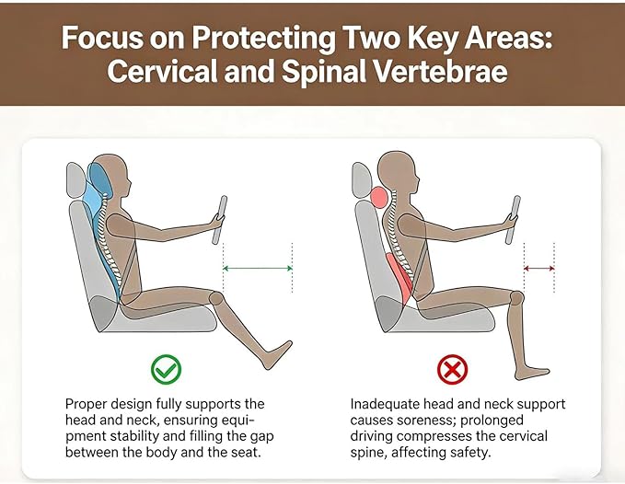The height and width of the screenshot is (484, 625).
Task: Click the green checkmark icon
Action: pos(167,369)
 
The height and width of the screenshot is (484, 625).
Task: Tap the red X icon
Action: pos(452,369)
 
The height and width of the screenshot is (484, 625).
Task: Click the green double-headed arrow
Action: pos(258,269)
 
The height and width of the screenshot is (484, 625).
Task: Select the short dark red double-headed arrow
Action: pos(538,269)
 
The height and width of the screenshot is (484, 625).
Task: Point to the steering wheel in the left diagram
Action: pos(220,220)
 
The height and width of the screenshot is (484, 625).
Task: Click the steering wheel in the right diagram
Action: pos(513,220)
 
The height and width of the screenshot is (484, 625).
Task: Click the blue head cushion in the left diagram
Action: pos(99,179)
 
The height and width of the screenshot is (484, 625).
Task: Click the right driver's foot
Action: pos(533,372)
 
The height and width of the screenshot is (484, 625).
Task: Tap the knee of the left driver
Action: pos(216,298)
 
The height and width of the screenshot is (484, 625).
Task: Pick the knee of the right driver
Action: pos(517,298)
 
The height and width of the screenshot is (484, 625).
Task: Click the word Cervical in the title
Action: pos(162,71)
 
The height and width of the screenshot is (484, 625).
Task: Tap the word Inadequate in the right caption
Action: pos(384,404)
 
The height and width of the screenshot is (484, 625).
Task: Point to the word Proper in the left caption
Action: pos(86,404)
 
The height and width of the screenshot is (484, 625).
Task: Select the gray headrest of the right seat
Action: pos(362,180)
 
